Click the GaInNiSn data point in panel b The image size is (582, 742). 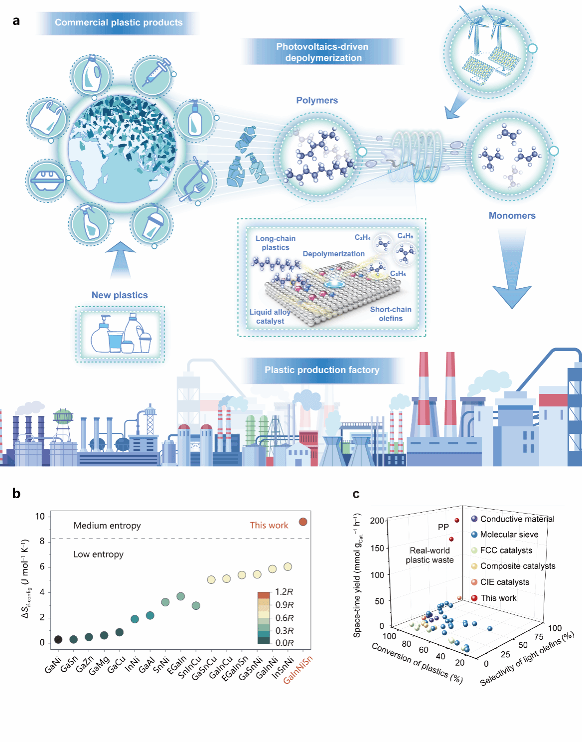tap(303, 522)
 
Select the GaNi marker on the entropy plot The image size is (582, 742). tap(58, 639)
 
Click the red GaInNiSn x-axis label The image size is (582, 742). tap(298, 670)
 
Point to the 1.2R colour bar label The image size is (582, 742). tap(284, 592)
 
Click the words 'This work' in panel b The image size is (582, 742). tap(269, 525)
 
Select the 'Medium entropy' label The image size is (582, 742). tap(107, 526)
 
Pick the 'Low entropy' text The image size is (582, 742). tap(99, 555)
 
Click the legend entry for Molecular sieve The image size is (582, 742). tap(509, 535)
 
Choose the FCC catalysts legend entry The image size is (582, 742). tap(506, 551)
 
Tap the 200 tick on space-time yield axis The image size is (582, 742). tap(377, 521)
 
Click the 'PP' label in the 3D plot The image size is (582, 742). tap(443, 527)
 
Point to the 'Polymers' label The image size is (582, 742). tap(317, 100)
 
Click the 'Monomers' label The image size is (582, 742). tap(512, 215)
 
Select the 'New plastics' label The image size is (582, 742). tap(120, 295)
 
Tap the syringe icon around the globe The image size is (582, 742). tap(153, 75)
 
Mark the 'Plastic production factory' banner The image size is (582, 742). tap(322, 370)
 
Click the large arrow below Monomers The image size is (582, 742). tap(512, 269)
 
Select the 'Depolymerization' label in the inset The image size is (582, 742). tap(333, 254)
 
